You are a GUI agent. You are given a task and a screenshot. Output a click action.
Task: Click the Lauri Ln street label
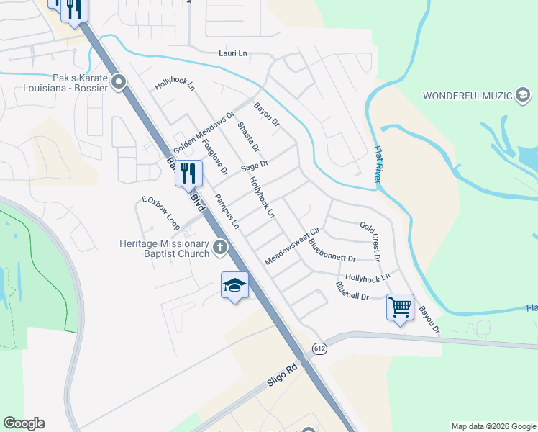point(234,53)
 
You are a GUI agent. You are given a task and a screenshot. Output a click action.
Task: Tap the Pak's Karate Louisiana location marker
point(120,82)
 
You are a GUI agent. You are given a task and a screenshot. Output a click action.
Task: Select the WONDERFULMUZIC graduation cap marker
point(523,95)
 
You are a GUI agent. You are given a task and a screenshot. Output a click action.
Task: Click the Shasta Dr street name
point(247,138)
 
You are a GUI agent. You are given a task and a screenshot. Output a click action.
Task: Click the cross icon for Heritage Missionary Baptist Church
point(220,248)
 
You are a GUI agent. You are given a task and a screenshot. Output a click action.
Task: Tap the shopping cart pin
point(400,307)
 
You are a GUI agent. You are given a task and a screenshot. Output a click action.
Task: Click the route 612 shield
point(319,348)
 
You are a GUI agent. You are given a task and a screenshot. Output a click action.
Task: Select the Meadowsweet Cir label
point(291,247)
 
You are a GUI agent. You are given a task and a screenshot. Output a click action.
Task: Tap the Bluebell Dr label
point(352,291)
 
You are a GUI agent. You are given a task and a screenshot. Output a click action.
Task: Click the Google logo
point(24,423)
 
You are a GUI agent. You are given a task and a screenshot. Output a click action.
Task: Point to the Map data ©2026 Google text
point(493,426)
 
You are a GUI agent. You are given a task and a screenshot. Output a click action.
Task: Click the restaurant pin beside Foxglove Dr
point(188,173)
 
